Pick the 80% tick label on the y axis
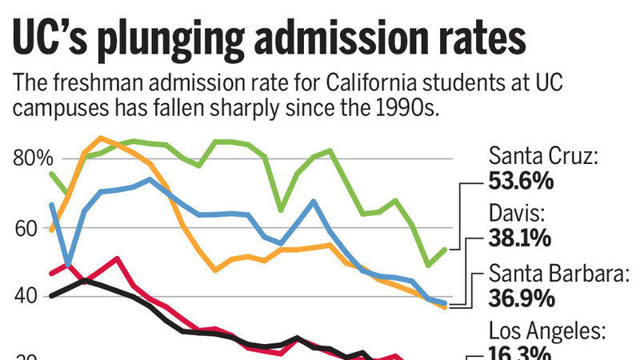pyautogui.click(x=33, y=158)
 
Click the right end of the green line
pyautogui.click(x=445, y=249)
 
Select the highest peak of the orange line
pyautogui.click(x=100, y=138)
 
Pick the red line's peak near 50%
pyautogui.click(x=117, y=258)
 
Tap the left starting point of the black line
pyautogui.click(x=52, y=296)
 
